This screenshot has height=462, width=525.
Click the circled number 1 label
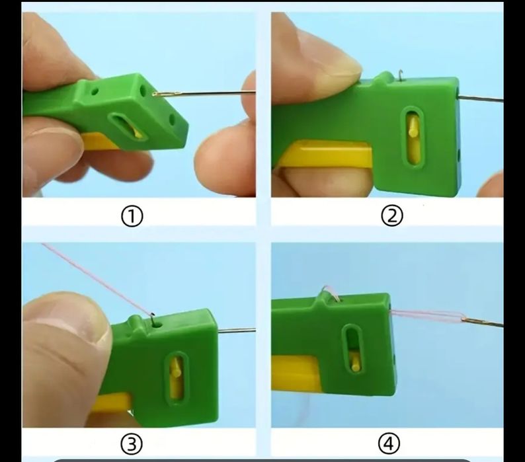point(132,216)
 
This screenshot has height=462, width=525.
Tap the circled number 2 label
point(392,216)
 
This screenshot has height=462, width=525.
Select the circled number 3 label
point(132,444)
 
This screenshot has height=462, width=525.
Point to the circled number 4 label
point(389,443)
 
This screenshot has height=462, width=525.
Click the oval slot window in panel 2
point(413,137)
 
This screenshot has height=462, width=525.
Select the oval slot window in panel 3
point(176,378)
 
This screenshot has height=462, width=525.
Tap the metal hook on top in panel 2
point(400,75)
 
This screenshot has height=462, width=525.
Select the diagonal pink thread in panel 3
point(97,278)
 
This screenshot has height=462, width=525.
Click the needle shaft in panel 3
point(237,330)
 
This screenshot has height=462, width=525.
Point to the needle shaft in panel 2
point(481,98)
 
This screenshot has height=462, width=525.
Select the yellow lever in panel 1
point(101,141)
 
